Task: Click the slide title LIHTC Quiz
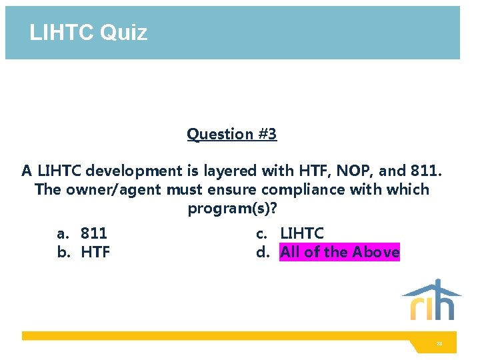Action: point(88,32)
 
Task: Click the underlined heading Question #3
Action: point(231,134)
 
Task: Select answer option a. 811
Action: point(83,233)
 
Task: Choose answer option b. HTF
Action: point(84,252)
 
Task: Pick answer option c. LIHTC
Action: point(291,233)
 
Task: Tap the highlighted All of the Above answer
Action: point(339,252)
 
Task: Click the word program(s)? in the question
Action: point(232,209)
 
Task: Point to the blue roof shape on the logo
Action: point(431,289)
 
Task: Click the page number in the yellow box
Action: point(439,343)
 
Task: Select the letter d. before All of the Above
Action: point(263,252)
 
